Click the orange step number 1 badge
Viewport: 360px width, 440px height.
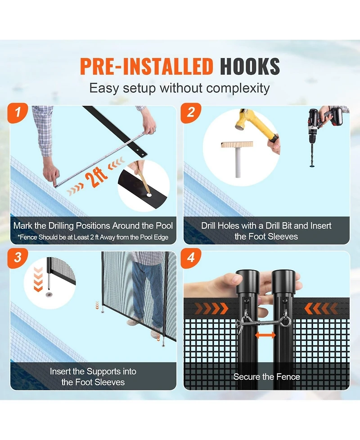[x=18, y=113]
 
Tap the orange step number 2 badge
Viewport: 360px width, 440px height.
[x=191, y=113]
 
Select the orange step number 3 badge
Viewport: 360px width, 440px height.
[x=18, y=258]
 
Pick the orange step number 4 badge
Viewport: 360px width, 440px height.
[x=191, y=258]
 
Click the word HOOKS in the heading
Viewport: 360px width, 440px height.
[x=250, y=67]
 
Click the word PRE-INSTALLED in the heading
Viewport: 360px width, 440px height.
[x=147, y=67]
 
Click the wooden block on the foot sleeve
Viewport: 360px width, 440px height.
[x=237, y=145]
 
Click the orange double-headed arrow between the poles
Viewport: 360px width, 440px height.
[x=265, y=335]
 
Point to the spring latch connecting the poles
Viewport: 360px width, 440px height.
[x=263, y=323]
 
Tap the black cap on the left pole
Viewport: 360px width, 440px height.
[x=247, y=281]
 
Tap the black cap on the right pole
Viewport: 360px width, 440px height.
[x=283, y=281]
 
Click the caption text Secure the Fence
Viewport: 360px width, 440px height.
[x=267, y=376]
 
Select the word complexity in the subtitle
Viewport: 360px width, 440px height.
[x=238, y=89]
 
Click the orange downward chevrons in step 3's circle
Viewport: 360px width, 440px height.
[x=38, y=279]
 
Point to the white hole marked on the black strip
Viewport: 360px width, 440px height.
[x=148, y=195]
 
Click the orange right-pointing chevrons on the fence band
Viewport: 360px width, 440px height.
[x=211, y=308]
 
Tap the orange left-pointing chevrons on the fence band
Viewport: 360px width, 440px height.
[x=321, y=308]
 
